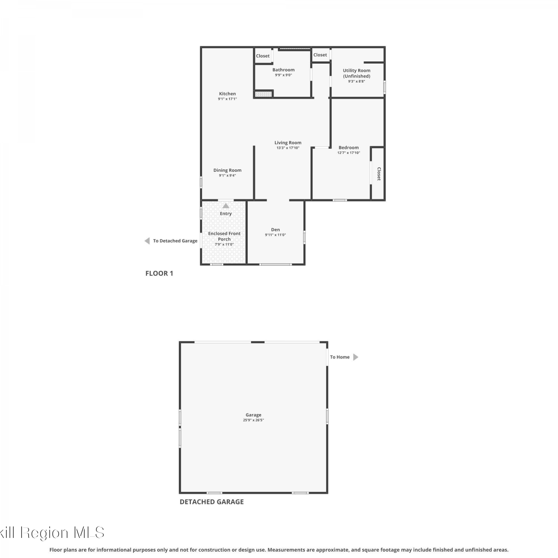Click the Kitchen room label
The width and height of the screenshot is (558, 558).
(227, 94)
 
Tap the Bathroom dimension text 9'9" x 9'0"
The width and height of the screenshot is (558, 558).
(283, 75)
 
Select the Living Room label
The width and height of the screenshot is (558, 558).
(288, 142)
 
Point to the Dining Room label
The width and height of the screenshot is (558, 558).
(227, 170)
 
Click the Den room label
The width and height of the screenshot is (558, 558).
(275, 230)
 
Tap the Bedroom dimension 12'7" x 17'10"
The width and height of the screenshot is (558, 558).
(349, 153)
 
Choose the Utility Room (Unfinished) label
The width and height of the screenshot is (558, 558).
(357, 73)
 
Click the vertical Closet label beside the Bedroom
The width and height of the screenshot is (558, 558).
(379, 174)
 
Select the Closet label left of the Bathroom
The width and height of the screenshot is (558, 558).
(263, 56)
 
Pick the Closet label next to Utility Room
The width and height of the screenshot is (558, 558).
(320, 55)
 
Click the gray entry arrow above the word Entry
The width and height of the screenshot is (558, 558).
(226, 206)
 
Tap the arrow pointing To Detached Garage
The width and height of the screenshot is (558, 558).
(147, 241)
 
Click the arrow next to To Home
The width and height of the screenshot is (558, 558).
(356, 357)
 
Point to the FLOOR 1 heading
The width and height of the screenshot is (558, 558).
(159, 273)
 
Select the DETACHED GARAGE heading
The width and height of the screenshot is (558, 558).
(212, 502)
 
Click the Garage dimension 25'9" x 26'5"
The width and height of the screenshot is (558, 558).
(253, 420)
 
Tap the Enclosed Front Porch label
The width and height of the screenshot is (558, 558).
(224, 236)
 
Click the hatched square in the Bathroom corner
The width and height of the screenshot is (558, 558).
(263, 94)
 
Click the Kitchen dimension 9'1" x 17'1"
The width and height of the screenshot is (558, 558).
(227, 99)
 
